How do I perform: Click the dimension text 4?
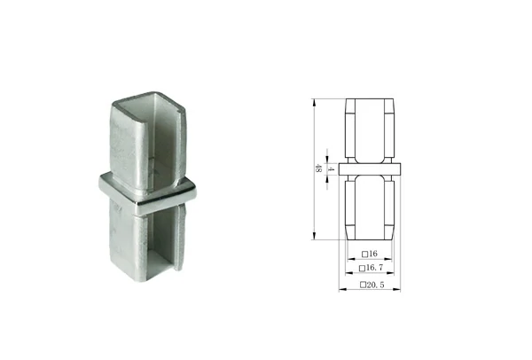point(332,168)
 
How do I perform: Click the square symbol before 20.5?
point(362,285)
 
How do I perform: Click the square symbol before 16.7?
point(362,267)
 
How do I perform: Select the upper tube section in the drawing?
point(371,129)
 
